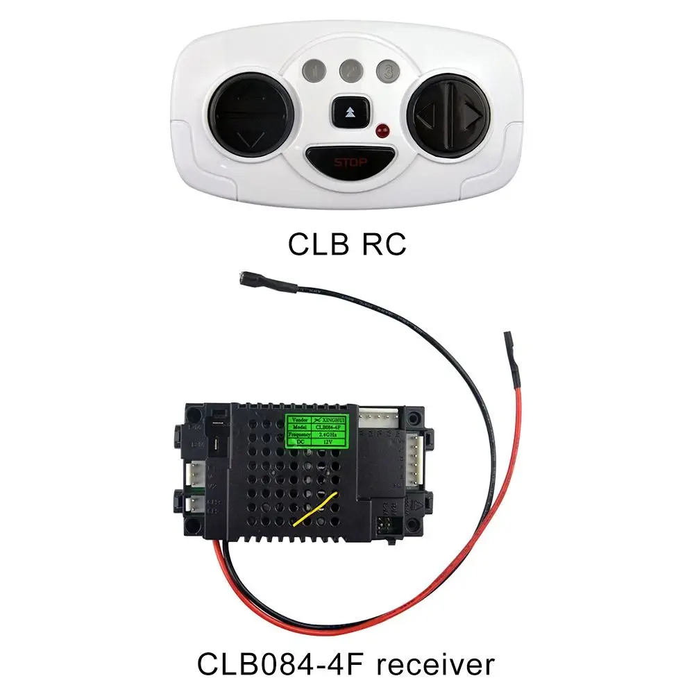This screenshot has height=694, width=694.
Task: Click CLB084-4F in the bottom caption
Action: click(274, 664)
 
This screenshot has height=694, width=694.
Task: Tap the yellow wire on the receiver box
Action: click(316, 511)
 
